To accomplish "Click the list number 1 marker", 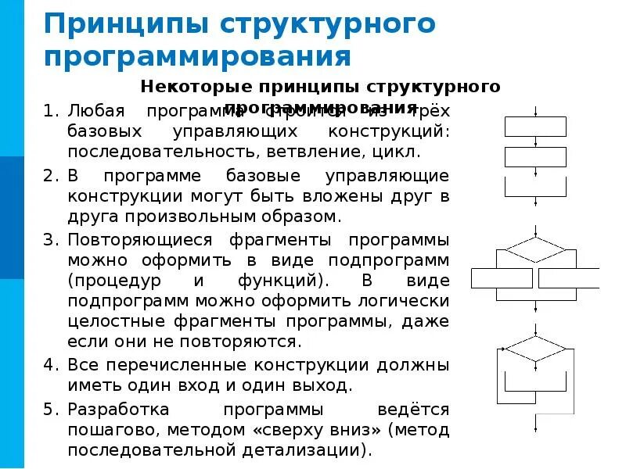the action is [51, 111].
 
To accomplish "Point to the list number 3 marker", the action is [51, 238].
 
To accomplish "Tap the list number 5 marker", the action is [51, 410].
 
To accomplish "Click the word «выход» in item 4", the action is [321, 385].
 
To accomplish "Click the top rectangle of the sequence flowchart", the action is [536, 127].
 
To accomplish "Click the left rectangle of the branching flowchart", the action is [502, 278].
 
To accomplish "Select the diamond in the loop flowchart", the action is [535, 348].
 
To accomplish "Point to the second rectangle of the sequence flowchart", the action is [536, 156].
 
